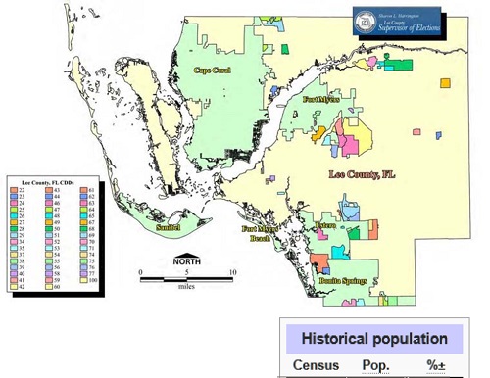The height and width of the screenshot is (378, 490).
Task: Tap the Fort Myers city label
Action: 320,100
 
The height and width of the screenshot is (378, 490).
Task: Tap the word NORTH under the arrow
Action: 187,262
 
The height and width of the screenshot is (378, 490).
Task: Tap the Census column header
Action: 316,365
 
